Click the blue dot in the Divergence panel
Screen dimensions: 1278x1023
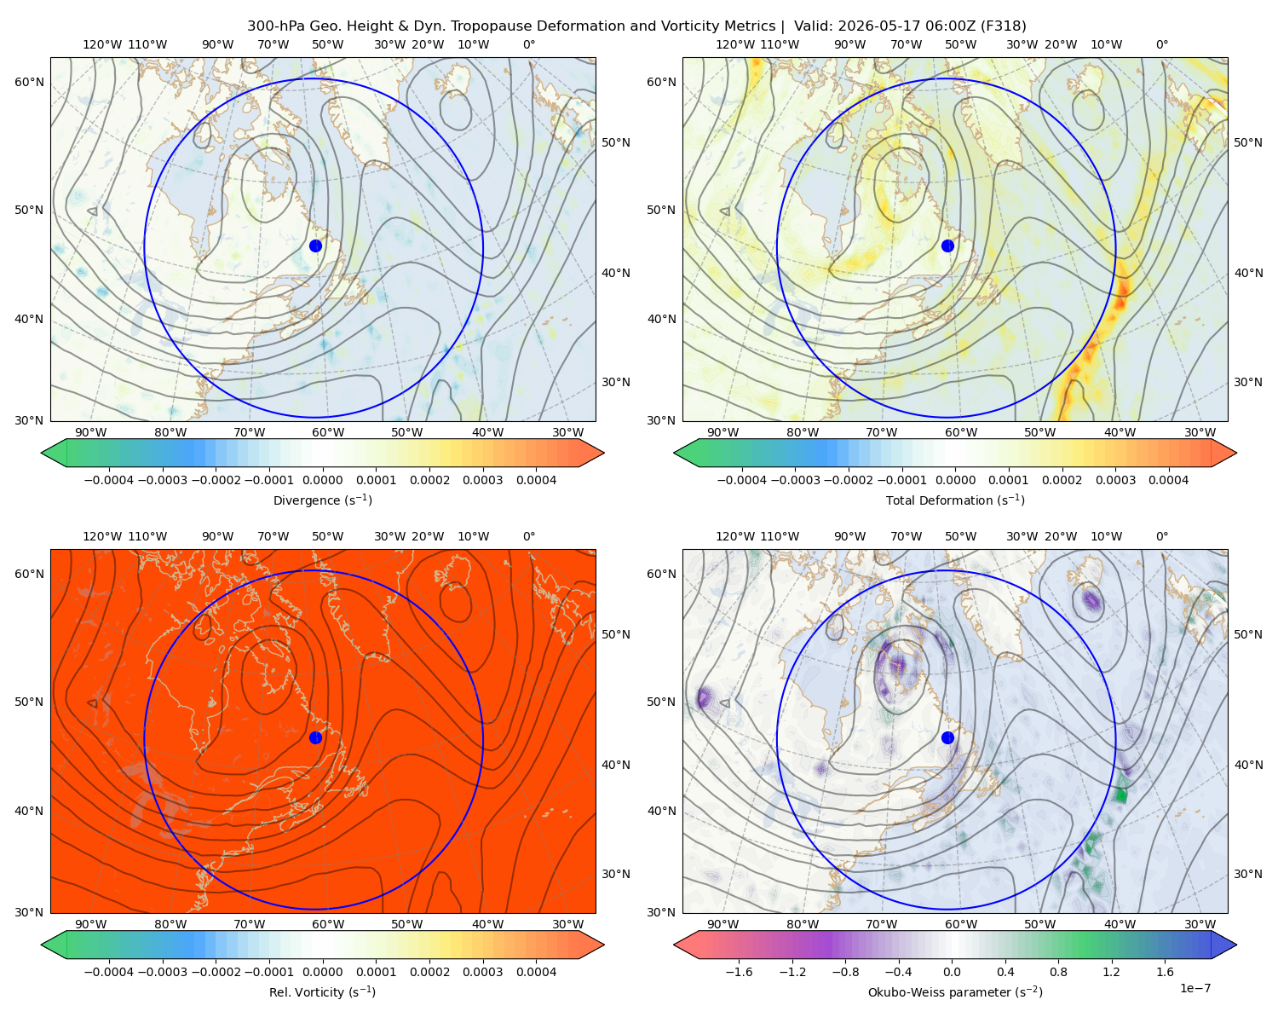pos(315,246)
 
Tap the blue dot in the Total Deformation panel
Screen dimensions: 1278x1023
pos(947,246)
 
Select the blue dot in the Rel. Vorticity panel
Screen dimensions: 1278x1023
pos(315,737)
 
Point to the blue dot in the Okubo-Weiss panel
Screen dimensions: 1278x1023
pos(947,737)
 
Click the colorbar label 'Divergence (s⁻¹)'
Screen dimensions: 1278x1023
pos(322,500)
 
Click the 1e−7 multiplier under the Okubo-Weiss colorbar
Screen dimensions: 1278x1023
pos(1195,988)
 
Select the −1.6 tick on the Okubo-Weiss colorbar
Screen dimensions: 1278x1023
pos(739,972)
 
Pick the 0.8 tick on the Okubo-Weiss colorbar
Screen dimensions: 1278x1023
pos(1058,972)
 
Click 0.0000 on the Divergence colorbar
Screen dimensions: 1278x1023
pos(322,480)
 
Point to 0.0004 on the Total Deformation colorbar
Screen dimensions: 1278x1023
pos(1168,480)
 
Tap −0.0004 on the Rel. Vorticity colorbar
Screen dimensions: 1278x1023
pos(109,972)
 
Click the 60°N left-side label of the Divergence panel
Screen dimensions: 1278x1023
pos(29,82)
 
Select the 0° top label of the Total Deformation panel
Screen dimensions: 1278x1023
pos(1161,44)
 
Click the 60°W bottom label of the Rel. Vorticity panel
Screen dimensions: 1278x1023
pos(328,924)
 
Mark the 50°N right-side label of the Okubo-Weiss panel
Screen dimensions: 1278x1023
pos(1247,634)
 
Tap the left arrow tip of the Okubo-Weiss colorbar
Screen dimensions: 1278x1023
pos(674,945)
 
